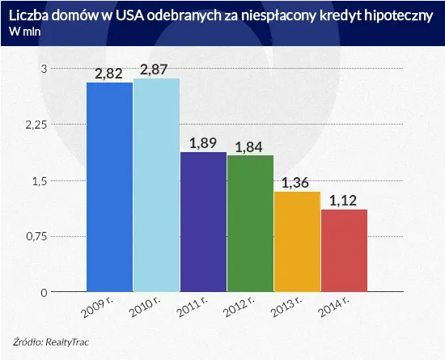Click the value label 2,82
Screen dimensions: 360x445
[110, 74]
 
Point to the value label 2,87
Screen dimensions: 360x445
[157, 70]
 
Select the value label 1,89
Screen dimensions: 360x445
[204, 143]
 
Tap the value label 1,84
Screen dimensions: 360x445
[251, 146]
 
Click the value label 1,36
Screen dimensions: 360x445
[297, 182]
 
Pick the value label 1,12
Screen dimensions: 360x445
[344, 200]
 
